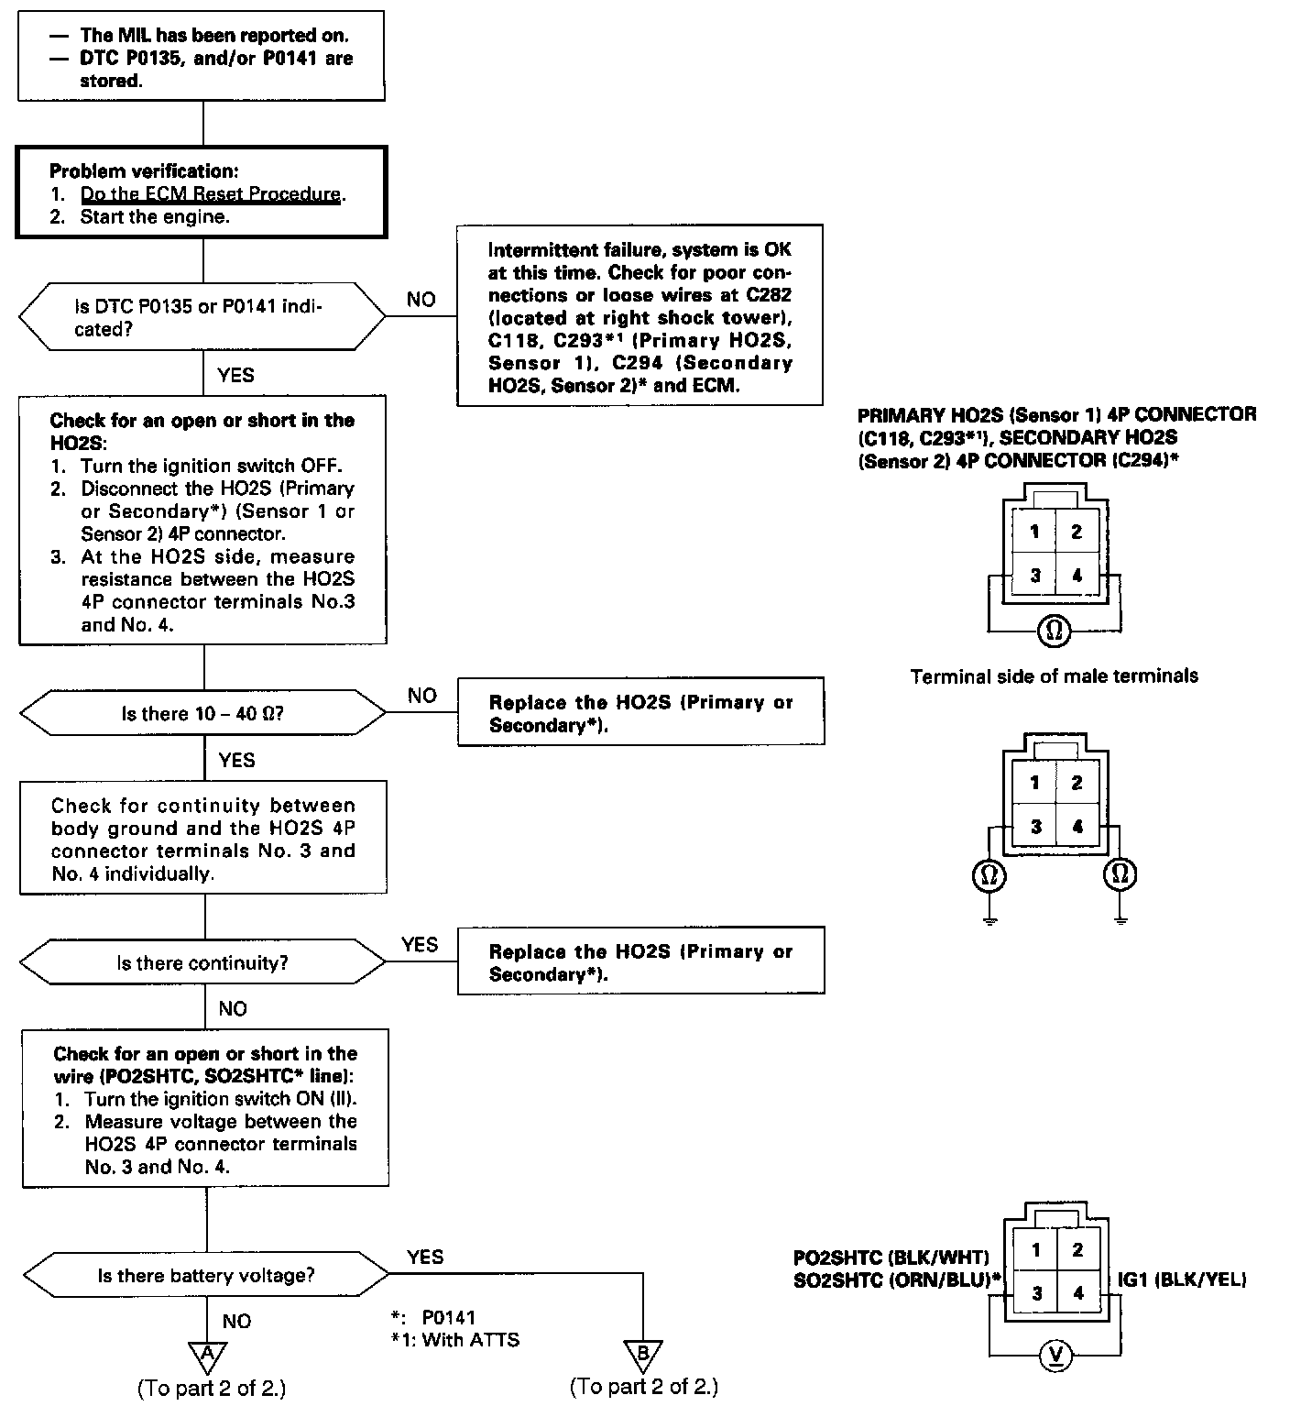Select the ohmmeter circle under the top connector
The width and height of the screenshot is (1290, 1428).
point(1055,631)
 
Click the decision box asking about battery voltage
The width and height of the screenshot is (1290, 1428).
point(205,1276)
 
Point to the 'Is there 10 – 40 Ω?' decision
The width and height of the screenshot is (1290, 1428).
point(203,713)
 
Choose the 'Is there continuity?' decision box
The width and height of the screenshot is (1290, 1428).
point(203,963)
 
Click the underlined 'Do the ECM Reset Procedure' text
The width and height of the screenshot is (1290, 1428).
point(211,194)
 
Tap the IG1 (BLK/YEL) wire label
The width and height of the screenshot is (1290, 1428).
point(1182,1280)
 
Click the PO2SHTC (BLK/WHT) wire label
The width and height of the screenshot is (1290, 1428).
point(891,1257)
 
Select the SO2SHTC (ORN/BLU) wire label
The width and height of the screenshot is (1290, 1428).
point(896,1280)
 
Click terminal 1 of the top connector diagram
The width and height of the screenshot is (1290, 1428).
point(1034,532)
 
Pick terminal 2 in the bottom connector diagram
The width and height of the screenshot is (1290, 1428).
point(1077,1249)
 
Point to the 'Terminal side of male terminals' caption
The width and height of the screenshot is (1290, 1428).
point(1054,676)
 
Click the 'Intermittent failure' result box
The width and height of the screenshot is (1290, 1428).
point(640,316)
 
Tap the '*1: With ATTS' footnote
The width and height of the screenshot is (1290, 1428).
point(454,1340)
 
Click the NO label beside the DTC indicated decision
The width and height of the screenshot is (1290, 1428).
point(421,300)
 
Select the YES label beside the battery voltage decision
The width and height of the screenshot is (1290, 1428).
point(425,1257)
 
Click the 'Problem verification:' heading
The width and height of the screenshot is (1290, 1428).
point(143,171)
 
